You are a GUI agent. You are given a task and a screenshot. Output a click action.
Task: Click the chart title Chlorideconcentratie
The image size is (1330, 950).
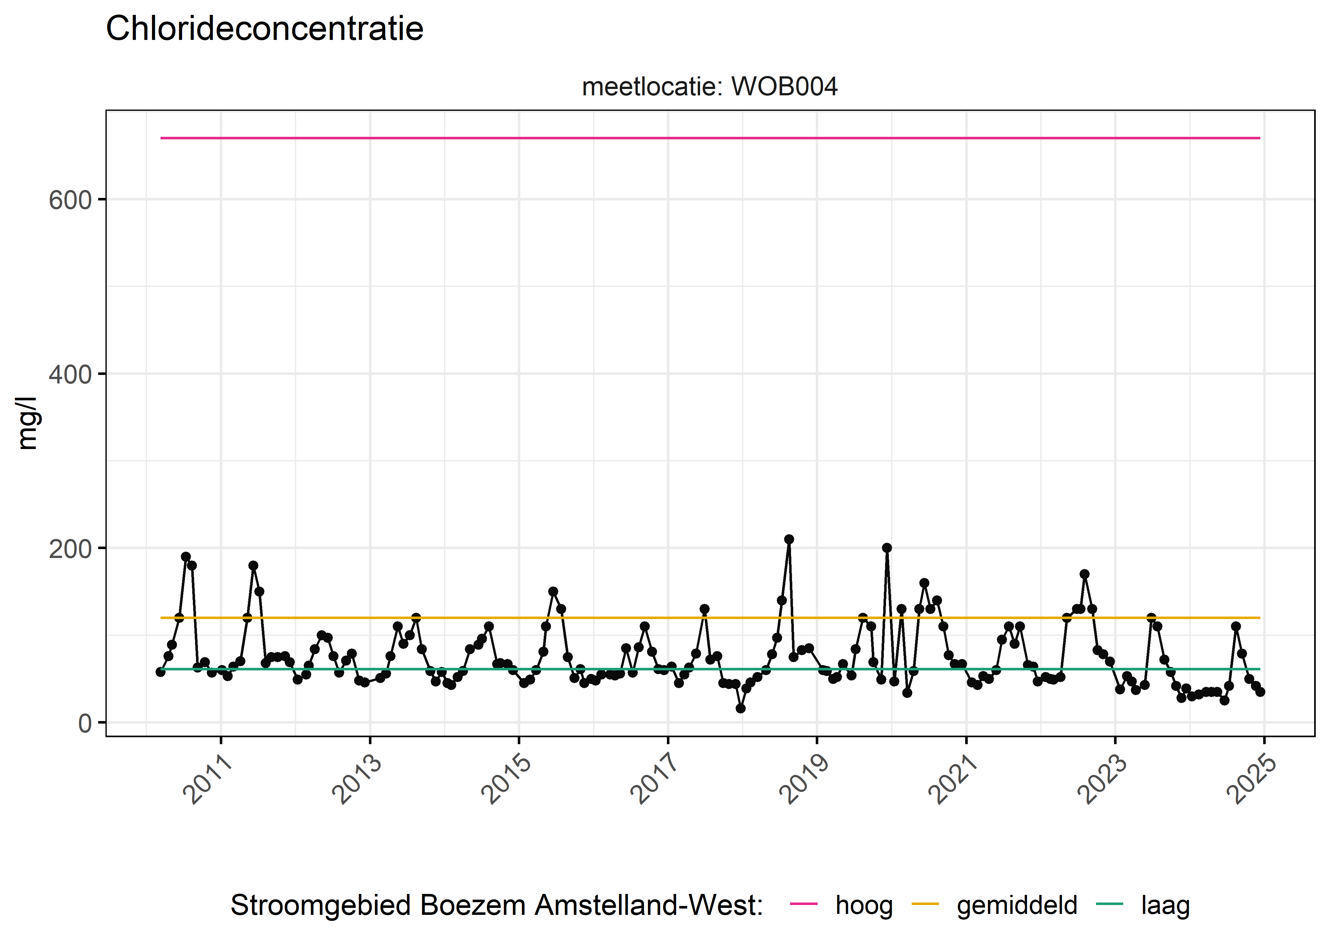click(264, 29)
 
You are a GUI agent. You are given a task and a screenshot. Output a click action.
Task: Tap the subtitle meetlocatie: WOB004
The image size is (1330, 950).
click(709, 86)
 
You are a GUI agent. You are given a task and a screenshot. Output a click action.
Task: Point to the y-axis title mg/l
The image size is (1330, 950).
click(28, 423)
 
